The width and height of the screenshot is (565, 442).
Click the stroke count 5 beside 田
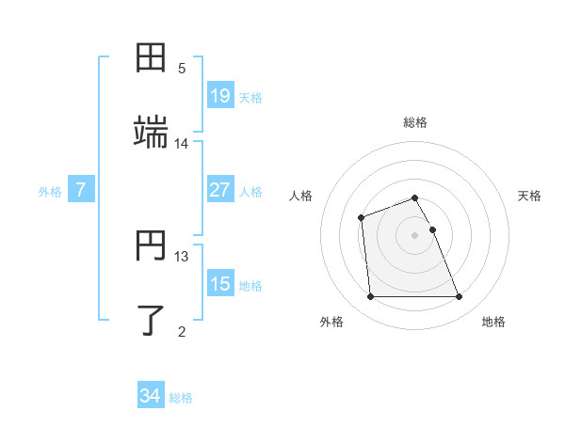pyautogui.click(x=182, y=69)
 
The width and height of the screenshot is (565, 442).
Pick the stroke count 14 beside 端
pyautogui.click(x=182, y=143)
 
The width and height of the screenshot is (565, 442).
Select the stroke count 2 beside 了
pyautogui.click(x=182, y=331)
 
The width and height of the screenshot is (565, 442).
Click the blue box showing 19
pyautogui.click(x=219, y=95)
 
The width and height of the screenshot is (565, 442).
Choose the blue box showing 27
pyautogui.click(x=219, y=190)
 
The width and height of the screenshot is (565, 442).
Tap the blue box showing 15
pyautogui.click(x=219, y=284)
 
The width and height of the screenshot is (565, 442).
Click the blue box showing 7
pyautogui.click(x=81, y=190)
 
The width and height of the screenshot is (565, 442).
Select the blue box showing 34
pyautogui.click(x=150, y=396)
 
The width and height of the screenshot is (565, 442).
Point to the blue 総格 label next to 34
pyautogui.click(x=181, y=398)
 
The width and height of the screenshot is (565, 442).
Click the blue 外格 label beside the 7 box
pyautogui.click(x=50, y=192)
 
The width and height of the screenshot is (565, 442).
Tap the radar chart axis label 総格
pyautogui.click(x=415, y=122)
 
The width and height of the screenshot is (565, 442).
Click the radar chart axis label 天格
pyautogui.click(x=530, y=196)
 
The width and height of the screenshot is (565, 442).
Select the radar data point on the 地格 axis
pyautogui.click(x=460, y=297)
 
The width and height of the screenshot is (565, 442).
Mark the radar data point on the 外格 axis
pyautogui.click(x=370, y=297)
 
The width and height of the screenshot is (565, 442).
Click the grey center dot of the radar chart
pyautogui.click(x=415, y=234)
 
